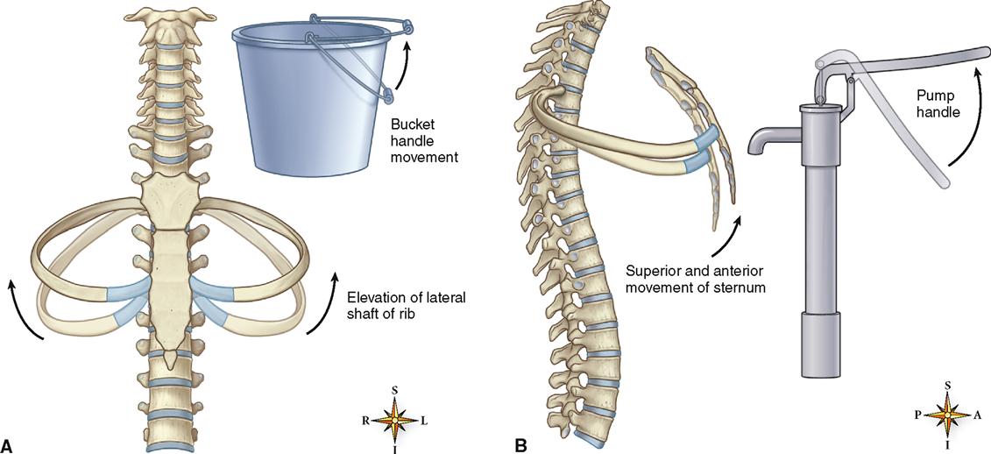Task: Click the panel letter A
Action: point(8,444)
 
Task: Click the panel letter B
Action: point(520,444)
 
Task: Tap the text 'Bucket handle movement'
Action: point(421,139)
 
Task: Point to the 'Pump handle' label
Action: point(939,104)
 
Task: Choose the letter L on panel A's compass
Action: point(424,420)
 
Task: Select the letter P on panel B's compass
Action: point(918,415)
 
